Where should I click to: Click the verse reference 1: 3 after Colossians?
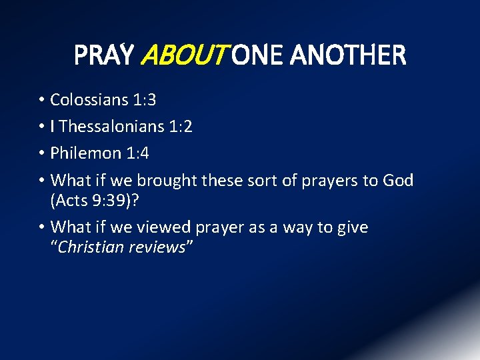point(142,100)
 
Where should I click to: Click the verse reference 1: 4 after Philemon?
point(136,153)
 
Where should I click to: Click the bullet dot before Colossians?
point(41,100)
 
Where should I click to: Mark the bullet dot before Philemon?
point(41,153)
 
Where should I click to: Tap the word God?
point(398,181)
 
